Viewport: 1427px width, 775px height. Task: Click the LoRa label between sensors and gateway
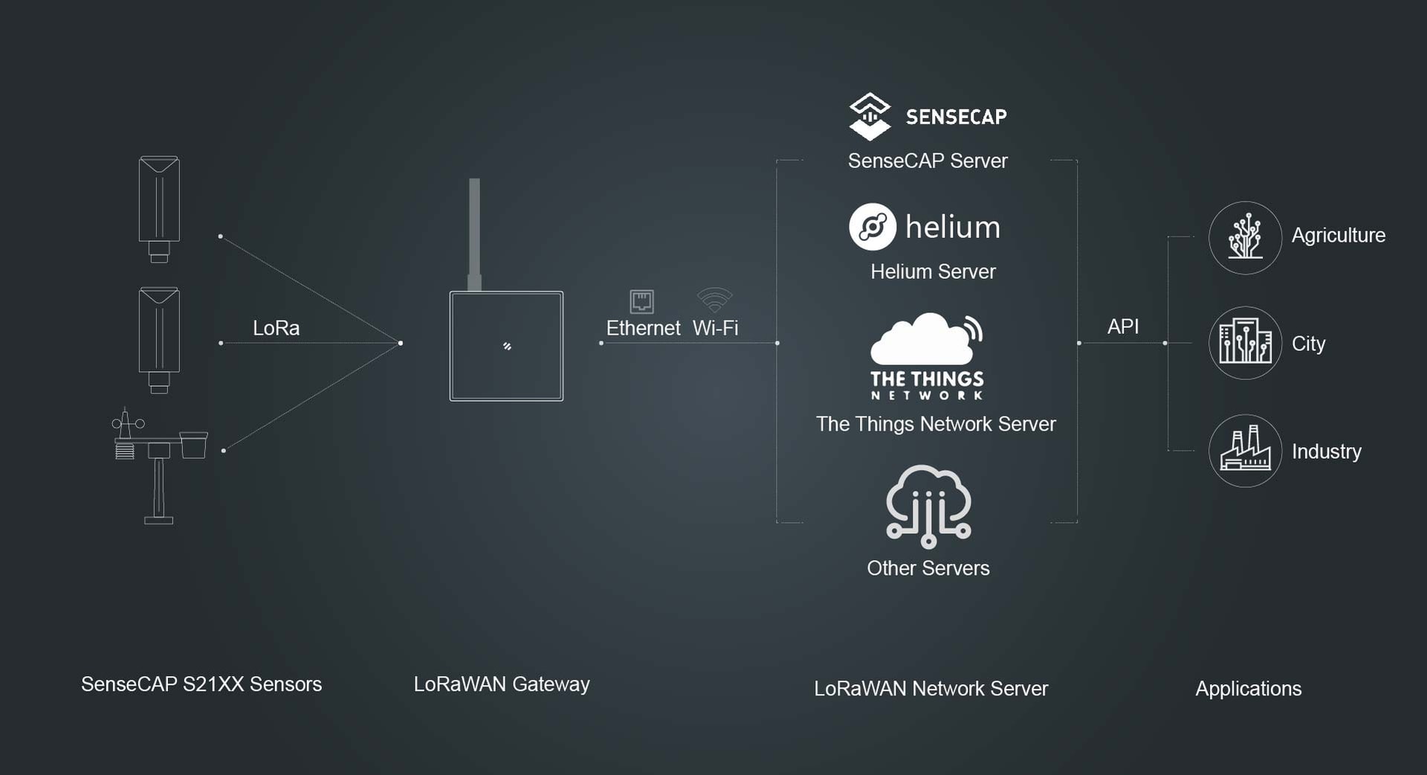(276, 328)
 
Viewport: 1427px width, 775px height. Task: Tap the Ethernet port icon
(641, 301)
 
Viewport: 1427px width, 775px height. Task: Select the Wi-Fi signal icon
(715, 300)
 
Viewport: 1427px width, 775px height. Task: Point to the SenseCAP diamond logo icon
(870, 117)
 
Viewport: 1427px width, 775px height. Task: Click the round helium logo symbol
(873, 227)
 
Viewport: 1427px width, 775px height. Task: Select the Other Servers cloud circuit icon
(928, 507)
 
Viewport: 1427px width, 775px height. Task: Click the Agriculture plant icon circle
(1245, 238)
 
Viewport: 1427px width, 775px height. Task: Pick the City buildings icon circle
(1245, 343)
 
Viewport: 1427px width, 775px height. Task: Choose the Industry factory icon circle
(1245, 451)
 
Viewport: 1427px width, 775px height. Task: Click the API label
(1122, 327)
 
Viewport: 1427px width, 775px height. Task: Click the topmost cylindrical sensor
(159, 208)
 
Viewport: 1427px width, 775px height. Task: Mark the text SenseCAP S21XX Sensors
(201, 684)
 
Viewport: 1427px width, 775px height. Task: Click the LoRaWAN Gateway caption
(502, 684)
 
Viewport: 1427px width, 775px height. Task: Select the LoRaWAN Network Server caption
(931, 689)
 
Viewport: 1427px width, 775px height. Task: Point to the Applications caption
(1248, 689)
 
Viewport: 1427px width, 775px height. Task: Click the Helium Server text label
(933, 271)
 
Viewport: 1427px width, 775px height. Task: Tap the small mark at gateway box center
(507, 346)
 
